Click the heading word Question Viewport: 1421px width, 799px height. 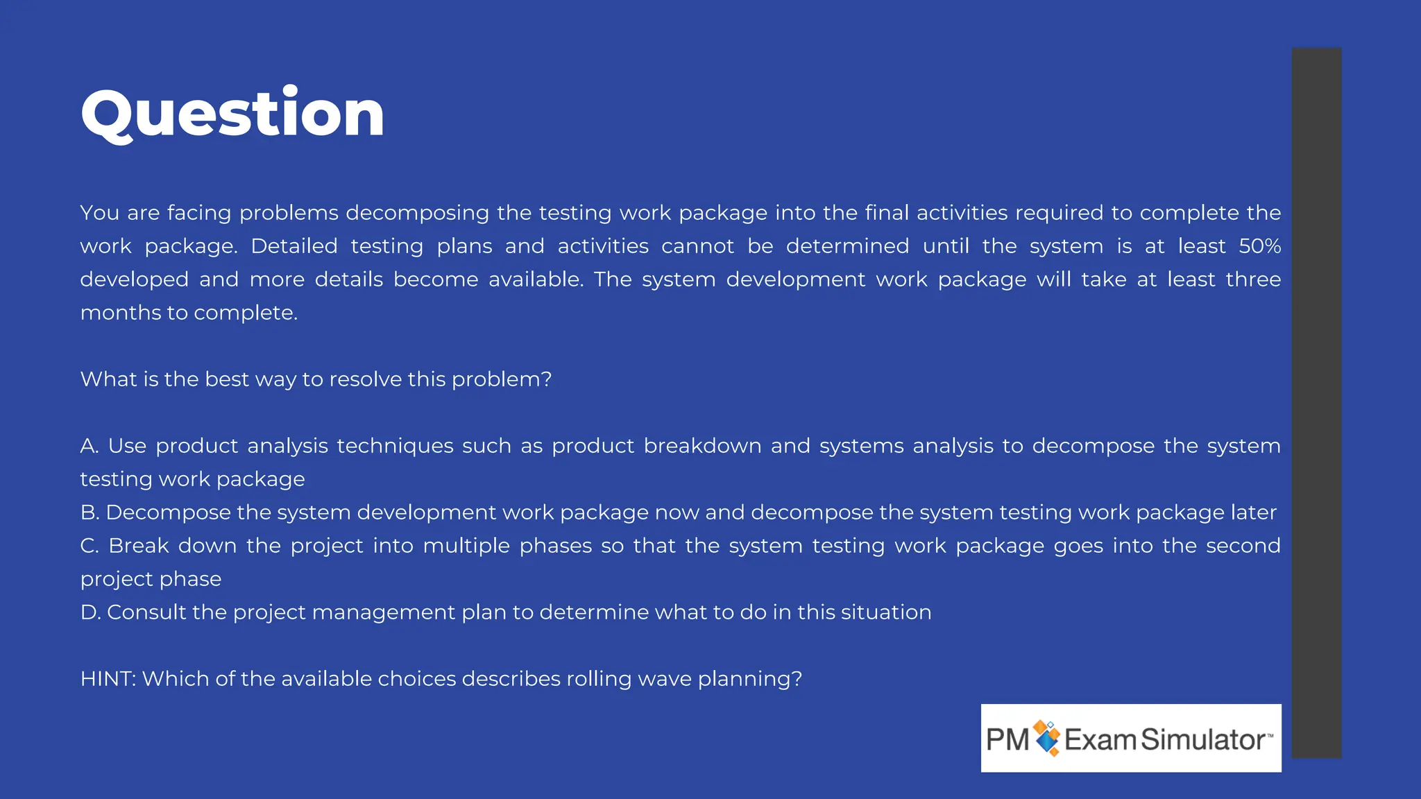[232, 114]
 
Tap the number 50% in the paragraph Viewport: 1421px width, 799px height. [1259, 246]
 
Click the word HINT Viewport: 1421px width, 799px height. [107, 679]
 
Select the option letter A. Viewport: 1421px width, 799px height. [89, 446]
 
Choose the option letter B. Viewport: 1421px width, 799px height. [89, 513]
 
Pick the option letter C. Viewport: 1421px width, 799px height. [90, 546]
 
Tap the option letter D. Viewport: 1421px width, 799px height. [90, 612]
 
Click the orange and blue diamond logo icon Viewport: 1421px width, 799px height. [1047, 738]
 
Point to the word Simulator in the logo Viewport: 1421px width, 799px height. [1202, 739]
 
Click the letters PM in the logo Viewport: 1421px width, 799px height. [1007, 739]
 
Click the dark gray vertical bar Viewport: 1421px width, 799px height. [1316, 402]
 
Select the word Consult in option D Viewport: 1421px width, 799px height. [146, 612]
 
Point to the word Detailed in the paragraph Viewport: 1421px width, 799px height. [293, 246]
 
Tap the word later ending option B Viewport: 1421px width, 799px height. [1253, 513]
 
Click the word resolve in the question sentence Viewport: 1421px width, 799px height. [365, 379]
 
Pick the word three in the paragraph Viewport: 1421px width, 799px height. [1253, 280]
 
